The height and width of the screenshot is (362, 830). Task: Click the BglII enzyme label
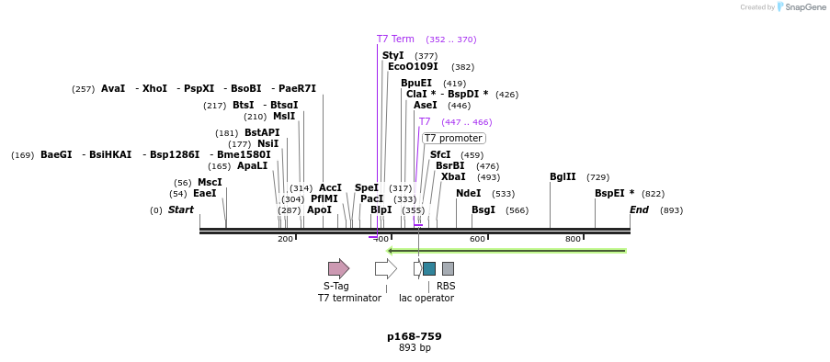563,176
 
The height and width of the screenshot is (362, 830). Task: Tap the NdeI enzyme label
468,194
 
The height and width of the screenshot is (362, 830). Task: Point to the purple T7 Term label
395,40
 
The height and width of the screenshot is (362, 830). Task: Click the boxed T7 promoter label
453,138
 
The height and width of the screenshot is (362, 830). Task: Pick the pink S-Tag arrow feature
338,268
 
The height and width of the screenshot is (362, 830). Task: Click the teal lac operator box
429,268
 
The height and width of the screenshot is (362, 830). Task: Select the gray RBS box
448,268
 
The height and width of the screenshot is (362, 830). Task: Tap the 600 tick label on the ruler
477,239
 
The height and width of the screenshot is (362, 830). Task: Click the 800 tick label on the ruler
573,239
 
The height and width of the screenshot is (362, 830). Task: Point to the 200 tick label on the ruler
285,239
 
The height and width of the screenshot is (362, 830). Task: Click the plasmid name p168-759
414,336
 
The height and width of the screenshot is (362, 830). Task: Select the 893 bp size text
414,348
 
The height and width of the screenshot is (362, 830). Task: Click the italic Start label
180,210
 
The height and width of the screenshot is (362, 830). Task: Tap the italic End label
639,210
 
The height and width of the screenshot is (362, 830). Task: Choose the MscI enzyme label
210,183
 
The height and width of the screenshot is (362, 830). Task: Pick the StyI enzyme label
392,56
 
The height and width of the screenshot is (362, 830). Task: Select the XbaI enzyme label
453,177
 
